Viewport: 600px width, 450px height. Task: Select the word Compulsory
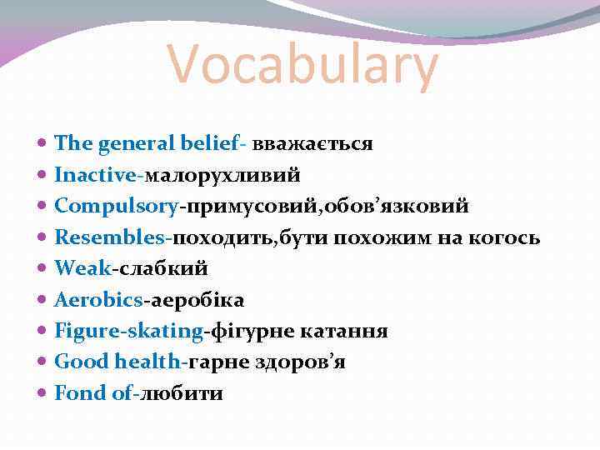(x=117, y=207)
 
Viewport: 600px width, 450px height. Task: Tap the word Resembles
(x=111, y=237)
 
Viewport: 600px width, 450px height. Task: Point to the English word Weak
(x=82, y=268)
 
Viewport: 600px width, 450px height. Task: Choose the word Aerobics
(x=98, y=300)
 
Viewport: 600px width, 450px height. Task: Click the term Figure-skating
(x=129, y=331)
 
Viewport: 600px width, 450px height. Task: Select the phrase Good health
(x=118, y=362)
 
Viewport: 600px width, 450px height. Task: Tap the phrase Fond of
(x=92, y=393)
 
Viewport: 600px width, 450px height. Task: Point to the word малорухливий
(x=223, y=175)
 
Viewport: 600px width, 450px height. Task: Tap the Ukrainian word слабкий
(x=161, y=268)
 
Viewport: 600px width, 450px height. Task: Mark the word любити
(x=181, y=393)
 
